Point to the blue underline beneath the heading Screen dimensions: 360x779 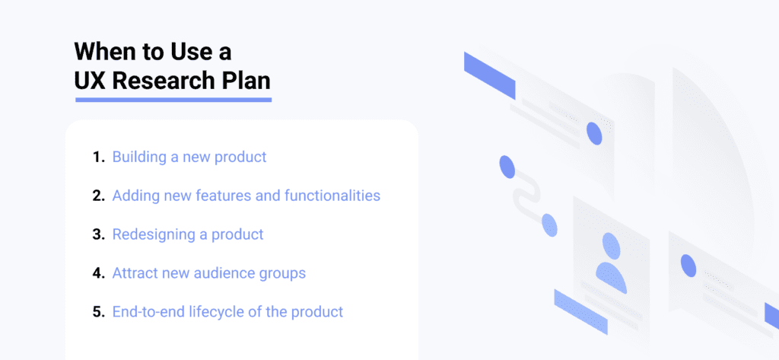(173, 99)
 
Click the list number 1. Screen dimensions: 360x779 (97, 158)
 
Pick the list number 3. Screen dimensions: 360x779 (97, 234)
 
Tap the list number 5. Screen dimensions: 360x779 (97, 312)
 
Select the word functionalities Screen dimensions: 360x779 (332, 196)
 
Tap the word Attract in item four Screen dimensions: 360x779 (135, 272)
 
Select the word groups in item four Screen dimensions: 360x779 (283, 273)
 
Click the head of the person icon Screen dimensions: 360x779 (612, 245)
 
